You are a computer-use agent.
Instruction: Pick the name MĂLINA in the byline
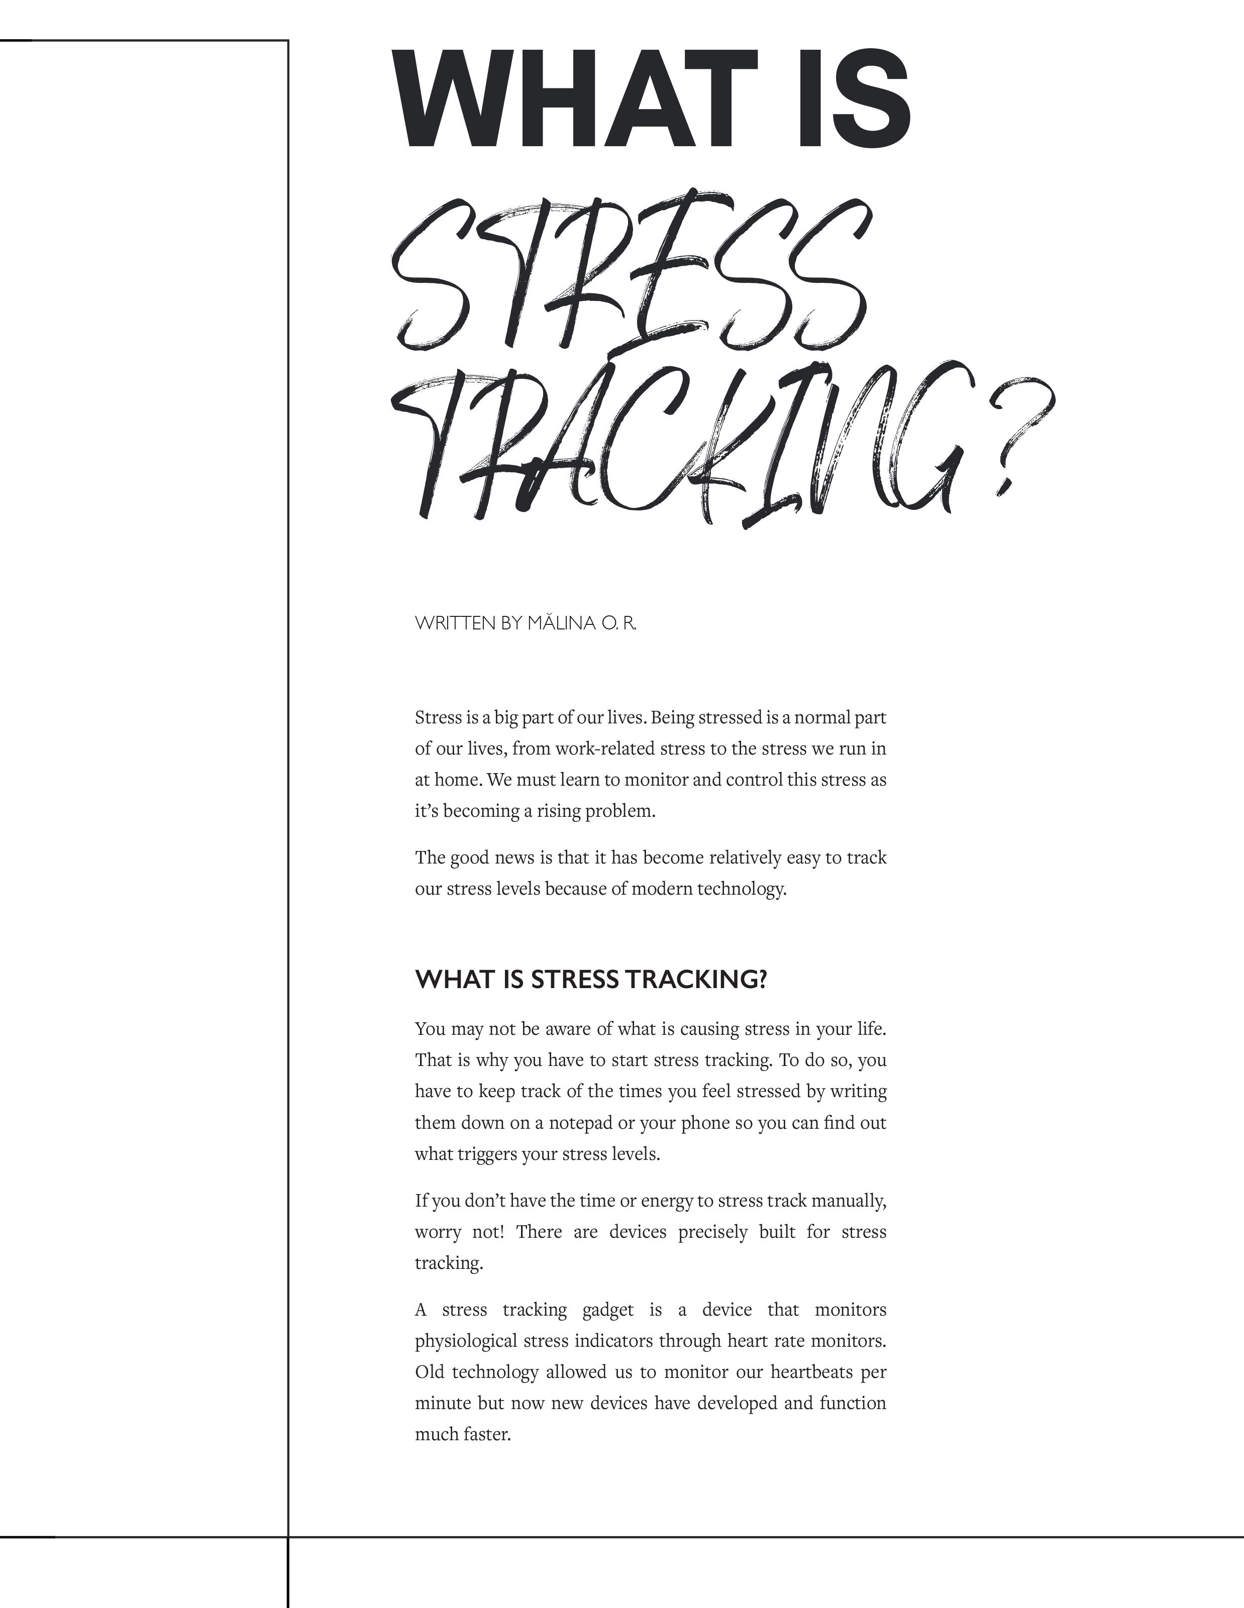561,623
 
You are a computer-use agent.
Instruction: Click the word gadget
607,1310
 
